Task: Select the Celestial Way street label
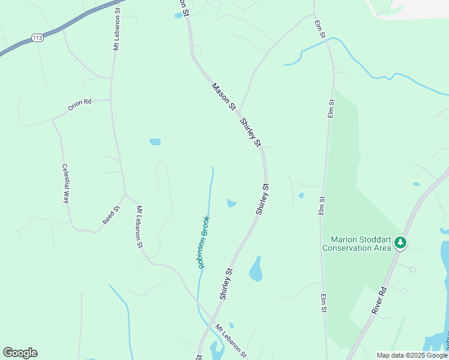65,184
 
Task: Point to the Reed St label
111,215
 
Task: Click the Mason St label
223,96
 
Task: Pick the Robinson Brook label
203,241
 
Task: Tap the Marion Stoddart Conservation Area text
356,244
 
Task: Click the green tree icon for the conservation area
400,243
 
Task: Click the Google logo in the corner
20,353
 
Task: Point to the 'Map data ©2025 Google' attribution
412,355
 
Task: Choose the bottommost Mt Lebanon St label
231,342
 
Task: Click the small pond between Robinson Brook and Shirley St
231,203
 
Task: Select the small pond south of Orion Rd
155,142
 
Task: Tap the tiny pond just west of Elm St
301,195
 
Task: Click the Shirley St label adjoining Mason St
250,133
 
